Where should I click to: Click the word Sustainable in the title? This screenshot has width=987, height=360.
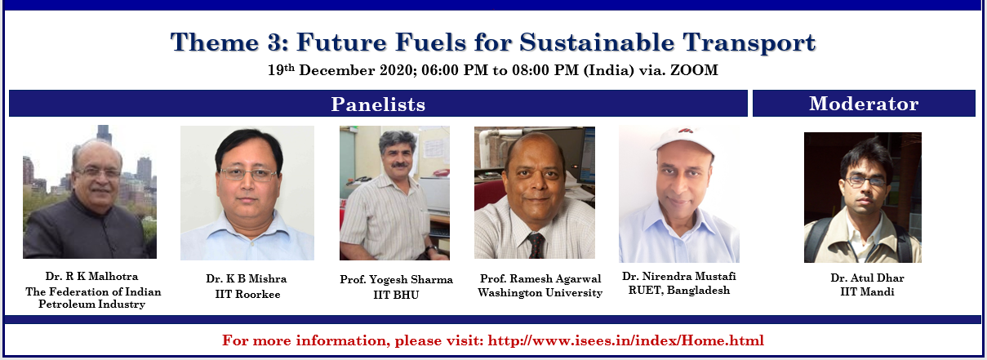coord(597,42)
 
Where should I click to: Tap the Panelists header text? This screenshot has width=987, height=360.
coord(378,104)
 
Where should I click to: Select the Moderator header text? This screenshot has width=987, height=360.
coord(864,104)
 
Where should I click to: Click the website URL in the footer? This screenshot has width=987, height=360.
coord(625,340)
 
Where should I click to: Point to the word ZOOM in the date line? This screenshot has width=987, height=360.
coord(694,70)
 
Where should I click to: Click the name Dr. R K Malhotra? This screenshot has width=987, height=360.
coord(91,276)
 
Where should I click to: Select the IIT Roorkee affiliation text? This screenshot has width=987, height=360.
coord(247,294)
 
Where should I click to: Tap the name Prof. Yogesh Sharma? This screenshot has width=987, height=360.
coord(396,280)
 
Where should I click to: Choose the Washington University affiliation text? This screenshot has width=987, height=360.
coord(540,292)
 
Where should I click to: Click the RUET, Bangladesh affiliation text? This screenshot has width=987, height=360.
coord(679,291)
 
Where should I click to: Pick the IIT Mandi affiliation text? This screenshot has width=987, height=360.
coord(867,291)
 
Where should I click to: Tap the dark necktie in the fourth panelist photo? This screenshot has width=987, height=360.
coord(536,246)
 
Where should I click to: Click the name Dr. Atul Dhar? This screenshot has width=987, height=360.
coord(867,278)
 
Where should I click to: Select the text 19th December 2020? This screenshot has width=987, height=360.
coord(340,70)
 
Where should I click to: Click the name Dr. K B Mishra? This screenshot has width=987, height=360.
coord(247,279)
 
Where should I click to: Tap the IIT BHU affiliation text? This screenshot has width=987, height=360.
coord(396,295)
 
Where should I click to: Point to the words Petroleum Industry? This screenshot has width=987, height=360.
coord(91,304)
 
